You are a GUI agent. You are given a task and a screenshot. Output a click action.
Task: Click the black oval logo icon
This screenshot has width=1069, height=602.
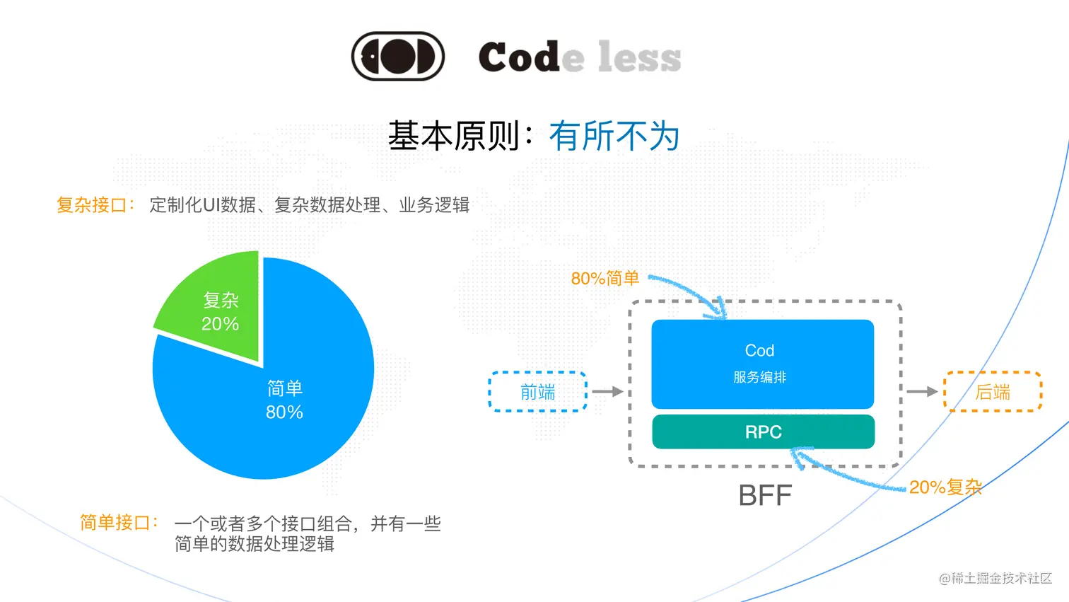pyautogui.click(x=398, y=56)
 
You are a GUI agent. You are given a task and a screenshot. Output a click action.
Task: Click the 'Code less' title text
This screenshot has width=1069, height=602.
pyautogui.click(x=579, y=57)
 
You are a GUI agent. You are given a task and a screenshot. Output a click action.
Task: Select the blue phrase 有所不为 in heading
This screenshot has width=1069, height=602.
pyautogui.click(x=614, y=136)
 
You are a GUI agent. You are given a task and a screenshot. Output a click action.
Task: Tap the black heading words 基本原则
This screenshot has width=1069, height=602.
pyautogui.click(x=453, y=136)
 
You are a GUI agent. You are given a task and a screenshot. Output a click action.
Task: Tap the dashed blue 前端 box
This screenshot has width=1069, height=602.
pyautogui.click(x=537, y=391)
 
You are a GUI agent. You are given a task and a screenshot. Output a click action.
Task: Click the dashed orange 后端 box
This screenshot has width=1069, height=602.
pyautogui.click(x=993, y=391)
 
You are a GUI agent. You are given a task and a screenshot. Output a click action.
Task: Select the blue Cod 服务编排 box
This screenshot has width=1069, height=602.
pyautogui.click(x=762, y=364)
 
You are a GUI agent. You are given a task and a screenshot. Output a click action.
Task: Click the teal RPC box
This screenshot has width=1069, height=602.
pyautogui.click(x=763, y=432)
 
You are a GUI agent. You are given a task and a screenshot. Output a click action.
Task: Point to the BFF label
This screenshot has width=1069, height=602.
pyautogui.click(x=765, y=495)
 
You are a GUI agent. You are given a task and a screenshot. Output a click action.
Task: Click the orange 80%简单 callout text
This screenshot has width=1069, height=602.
pyautogui.click(x=604, y=279)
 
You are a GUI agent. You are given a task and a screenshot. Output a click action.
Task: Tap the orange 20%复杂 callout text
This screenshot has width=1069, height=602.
pyautogui.click(x=945, y=487)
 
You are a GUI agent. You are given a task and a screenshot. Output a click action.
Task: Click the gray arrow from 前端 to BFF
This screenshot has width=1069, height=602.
pyautogui.click(x=607, y=391)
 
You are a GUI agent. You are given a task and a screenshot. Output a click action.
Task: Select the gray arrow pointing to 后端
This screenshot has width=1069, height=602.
pyautogui.click(x=922, y=391)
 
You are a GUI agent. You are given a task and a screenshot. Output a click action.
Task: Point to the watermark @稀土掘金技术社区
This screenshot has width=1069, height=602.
pyautogui.click(x=995, y=578)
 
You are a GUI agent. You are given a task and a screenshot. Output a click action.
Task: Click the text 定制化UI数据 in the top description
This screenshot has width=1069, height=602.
pyautogui.click(x=202, y=205)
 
